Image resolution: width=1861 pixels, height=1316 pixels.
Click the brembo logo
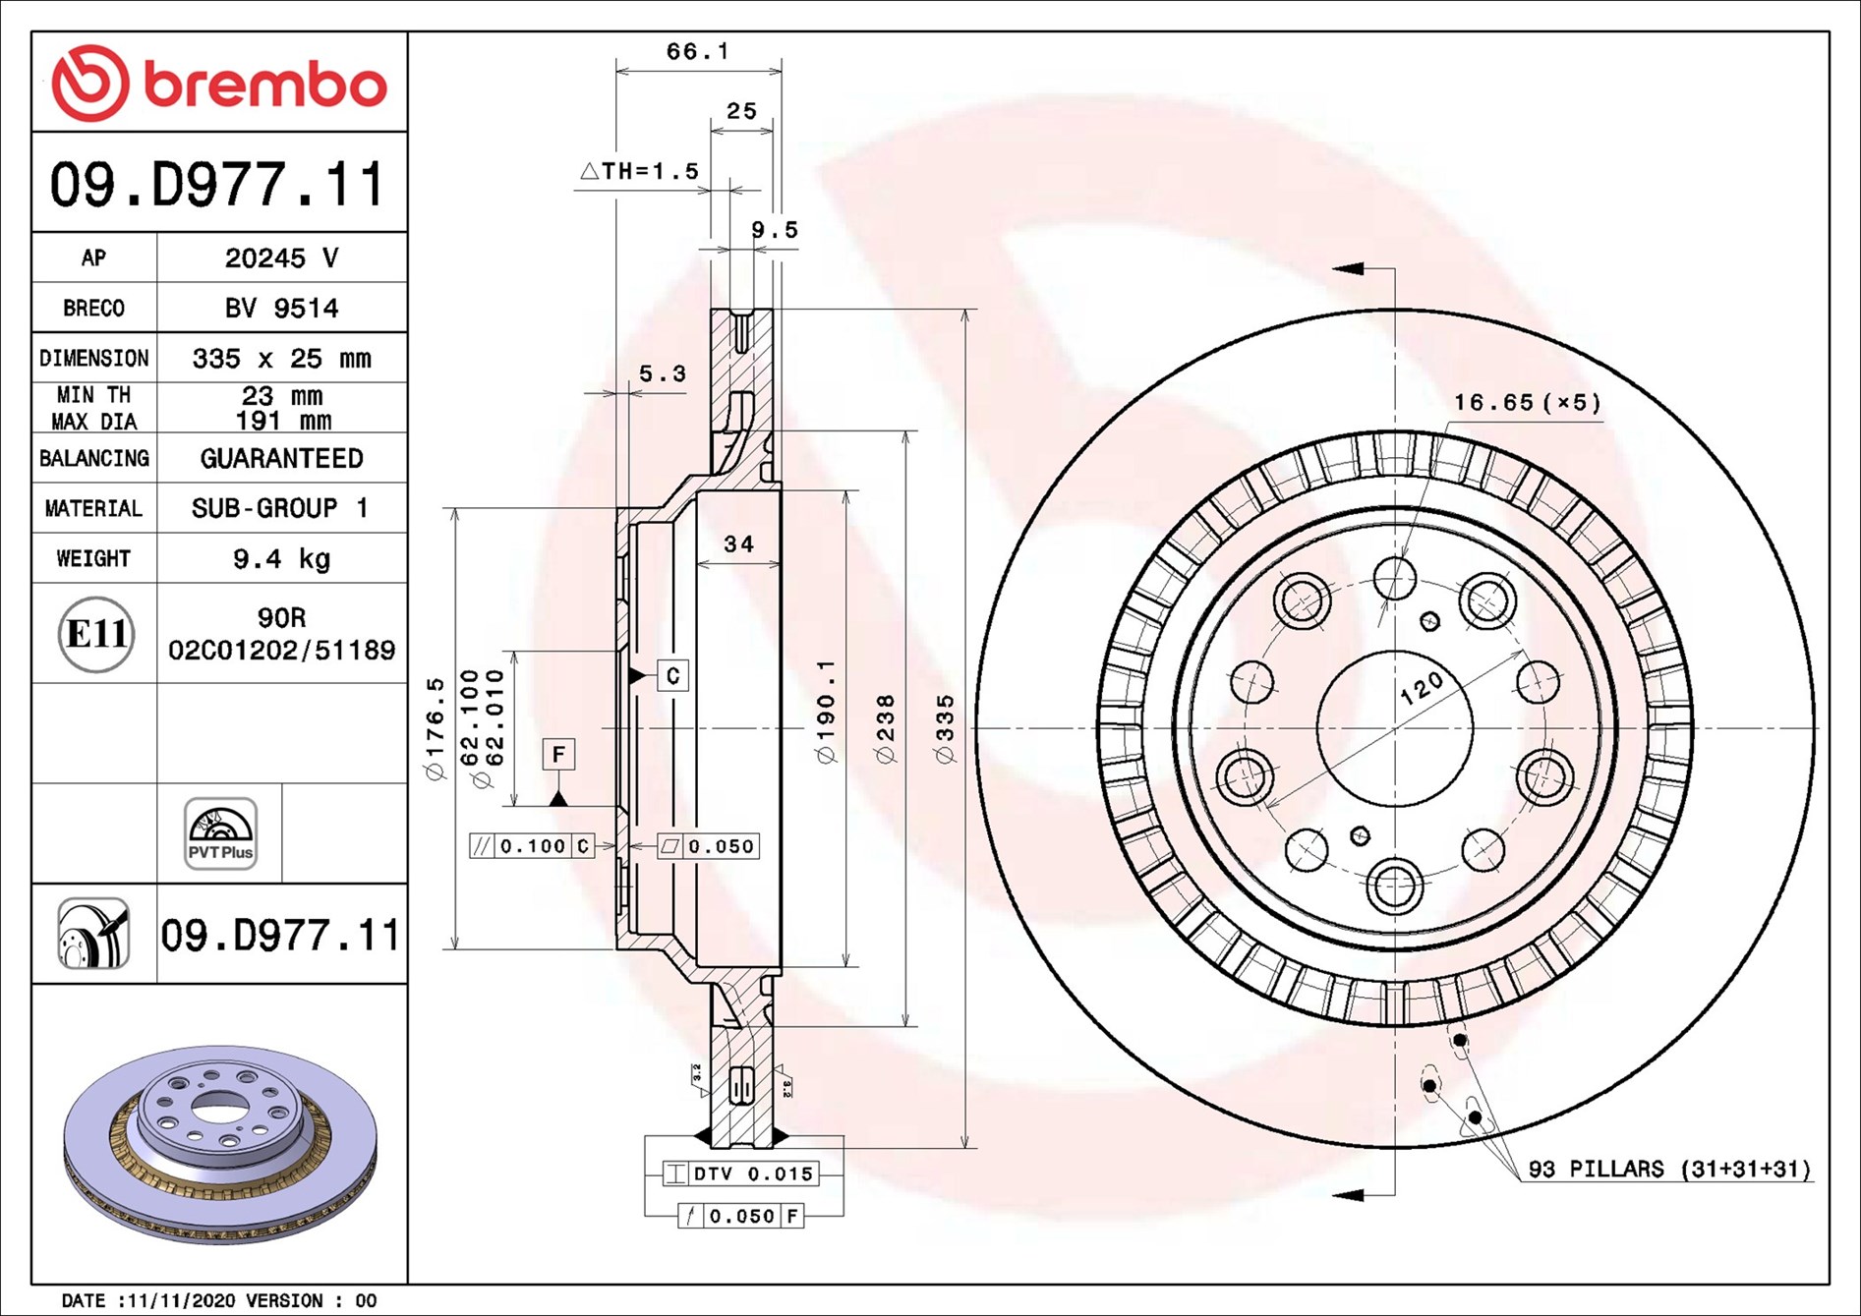click(x=218, y=84)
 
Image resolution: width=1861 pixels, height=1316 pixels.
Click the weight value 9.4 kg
click(x=281, y=559)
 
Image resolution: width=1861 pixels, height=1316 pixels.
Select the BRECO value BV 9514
click(x=281, y=309)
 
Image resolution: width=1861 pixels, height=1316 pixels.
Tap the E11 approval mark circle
click(x=95, y=634)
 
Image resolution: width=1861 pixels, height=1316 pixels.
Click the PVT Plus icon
click(x=220, y=833)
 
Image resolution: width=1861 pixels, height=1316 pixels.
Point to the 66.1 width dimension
click(x=697, y=51)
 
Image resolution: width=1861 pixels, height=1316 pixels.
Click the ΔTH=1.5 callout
click(x=640, y=171)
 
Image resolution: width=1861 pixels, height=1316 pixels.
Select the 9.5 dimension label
click(x=775, y=230)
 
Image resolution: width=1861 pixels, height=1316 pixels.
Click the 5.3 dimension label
click(x=663, y=374)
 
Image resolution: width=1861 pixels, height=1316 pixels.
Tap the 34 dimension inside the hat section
click(x=738, y=544)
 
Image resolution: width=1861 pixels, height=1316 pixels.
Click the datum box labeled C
click(x=672, y=676)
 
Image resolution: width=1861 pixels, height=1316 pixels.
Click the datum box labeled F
click(x=558, y=755)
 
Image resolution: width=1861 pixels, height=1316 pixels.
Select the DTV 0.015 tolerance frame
click(x=742, y=1173)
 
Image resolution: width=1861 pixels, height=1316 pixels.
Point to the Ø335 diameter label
click(x=946, y=728)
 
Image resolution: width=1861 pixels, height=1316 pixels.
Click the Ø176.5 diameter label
click(x=436, y=728)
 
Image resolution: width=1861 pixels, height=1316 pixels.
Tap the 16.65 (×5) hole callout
click(x=1527, y=403)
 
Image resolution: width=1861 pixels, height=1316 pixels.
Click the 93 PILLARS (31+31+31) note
click(x=1668, y=1169)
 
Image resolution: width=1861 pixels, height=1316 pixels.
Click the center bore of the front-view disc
click(x=1394, y=728)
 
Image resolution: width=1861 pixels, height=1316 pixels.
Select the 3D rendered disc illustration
click(x=220, y=1145)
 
